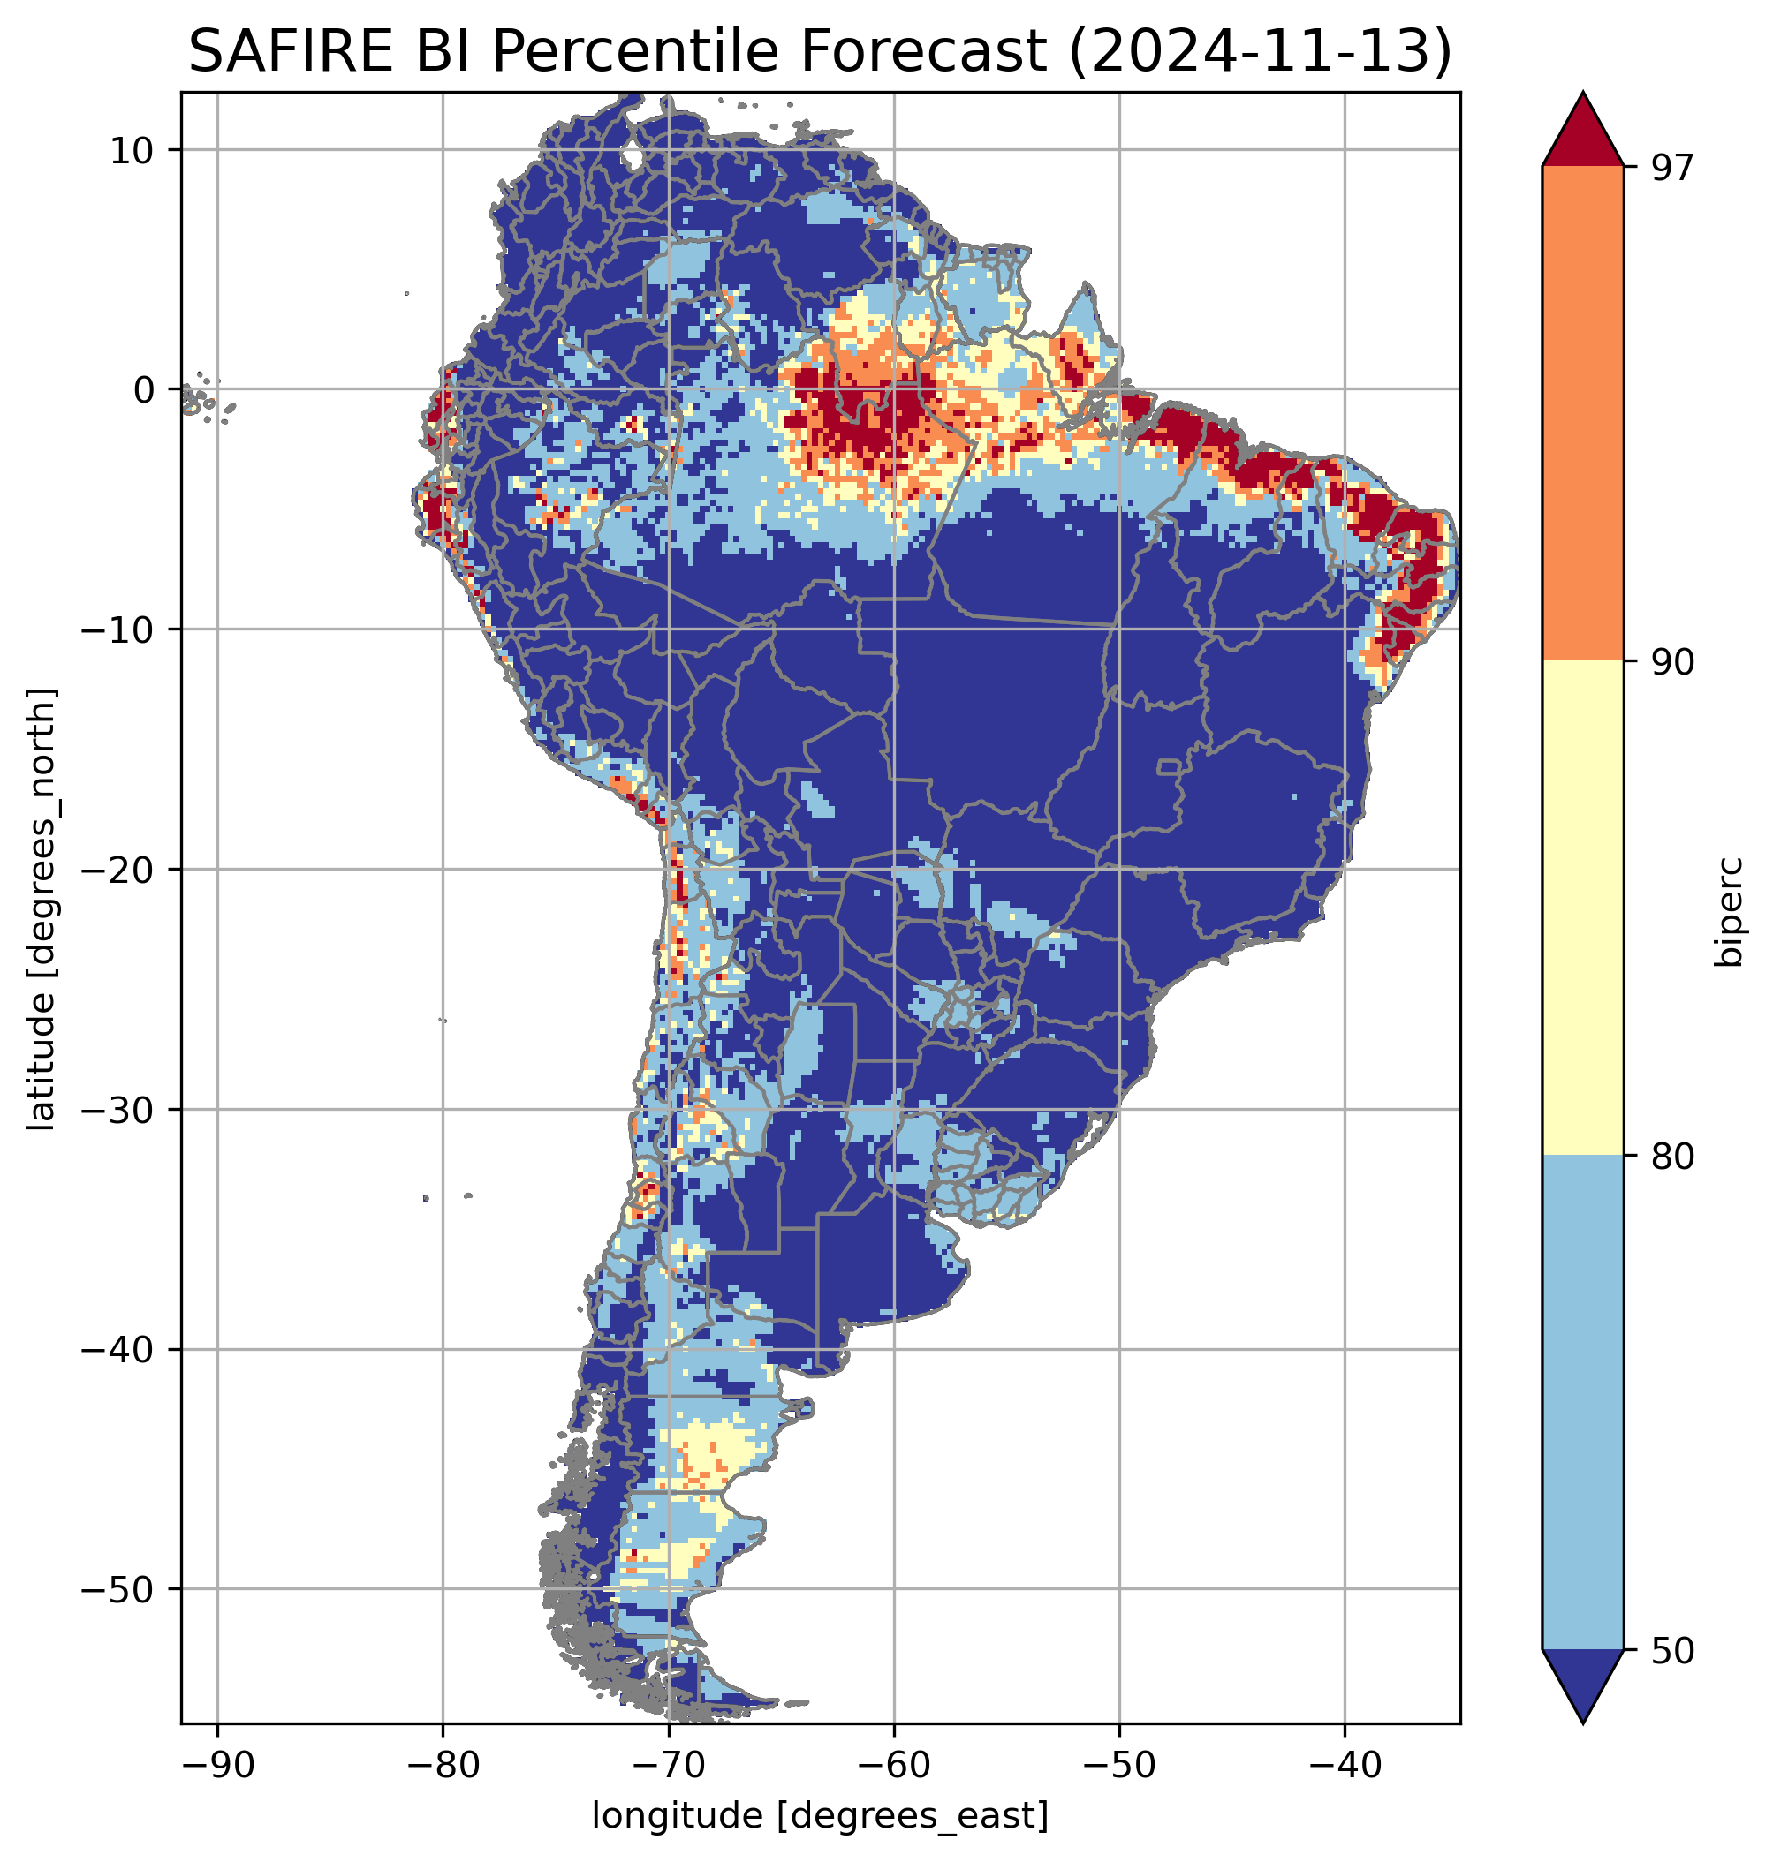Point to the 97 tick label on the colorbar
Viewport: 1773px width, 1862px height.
(x=1673, y=167)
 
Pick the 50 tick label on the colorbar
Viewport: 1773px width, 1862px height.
(x=1673, y=1651)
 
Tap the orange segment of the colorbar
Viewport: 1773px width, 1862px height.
(x=1582, y=414)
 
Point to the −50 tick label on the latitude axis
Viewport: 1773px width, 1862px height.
(x=118, y=1590)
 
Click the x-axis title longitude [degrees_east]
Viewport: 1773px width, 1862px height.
(x=821, y=1816)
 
